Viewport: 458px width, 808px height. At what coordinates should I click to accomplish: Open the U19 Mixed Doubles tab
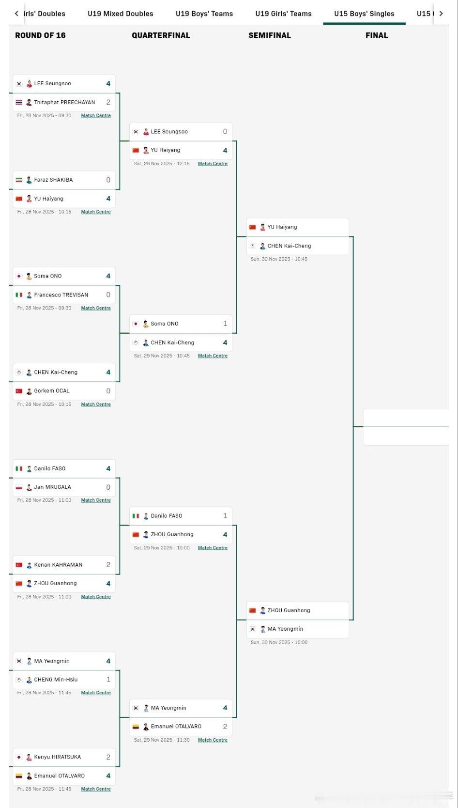click(120, 14)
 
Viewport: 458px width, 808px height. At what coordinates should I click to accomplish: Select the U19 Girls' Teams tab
click(283, 14)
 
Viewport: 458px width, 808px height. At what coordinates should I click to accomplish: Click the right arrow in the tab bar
click(441, 14)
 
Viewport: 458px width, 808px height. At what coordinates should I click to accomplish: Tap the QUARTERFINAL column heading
click(161, 35)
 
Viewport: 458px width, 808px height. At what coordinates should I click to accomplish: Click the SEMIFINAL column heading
click(270, 35)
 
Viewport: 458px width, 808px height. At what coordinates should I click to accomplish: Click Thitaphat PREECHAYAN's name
click(64, 102)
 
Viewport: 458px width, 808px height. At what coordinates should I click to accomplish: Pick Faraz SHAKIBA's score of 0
click(108, 180)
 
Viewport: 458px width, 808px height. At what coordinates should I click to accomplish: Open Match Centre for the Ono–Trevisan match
click(96, 308)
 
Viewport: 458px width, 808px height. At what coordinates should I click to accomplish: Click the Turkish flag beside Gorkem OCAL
click(19, 391)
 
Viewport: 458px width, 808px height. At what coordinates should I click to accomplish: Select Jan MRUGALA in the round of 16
click(52, 487)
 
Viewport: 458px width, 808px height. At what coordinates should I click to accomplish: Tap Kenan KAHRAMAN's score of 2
click(108, 565)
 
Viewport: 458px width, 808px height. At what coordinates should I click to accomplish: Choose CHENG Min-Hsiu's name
click(56, 680)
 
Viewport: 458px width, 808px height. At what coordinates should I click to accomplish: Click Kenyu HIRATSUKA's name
click(57, 757)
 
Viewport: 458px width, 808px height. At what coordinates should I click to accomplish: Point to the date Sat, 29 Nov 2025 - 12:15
click(162, 164)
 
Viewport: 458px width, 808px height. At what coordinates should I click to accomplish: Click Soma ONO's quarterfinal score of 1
click(225, 324)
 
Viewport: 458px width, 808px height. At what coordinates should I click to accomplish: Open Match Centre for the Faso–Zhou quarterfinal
click(213, 548)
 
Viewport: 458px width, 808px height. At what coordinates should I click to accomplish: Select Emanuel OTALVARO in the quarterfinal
click(176, 726)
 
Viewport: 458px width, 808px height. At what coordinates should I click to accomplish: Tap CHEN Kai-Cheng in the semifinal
click(289, 246)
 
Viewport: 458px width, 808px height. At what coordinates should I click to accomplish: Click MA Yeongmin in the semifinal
click(285, 629)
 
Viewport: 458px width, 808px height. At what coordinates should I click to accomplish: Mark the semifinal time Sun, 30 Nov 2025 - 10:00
click(279, 642)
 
